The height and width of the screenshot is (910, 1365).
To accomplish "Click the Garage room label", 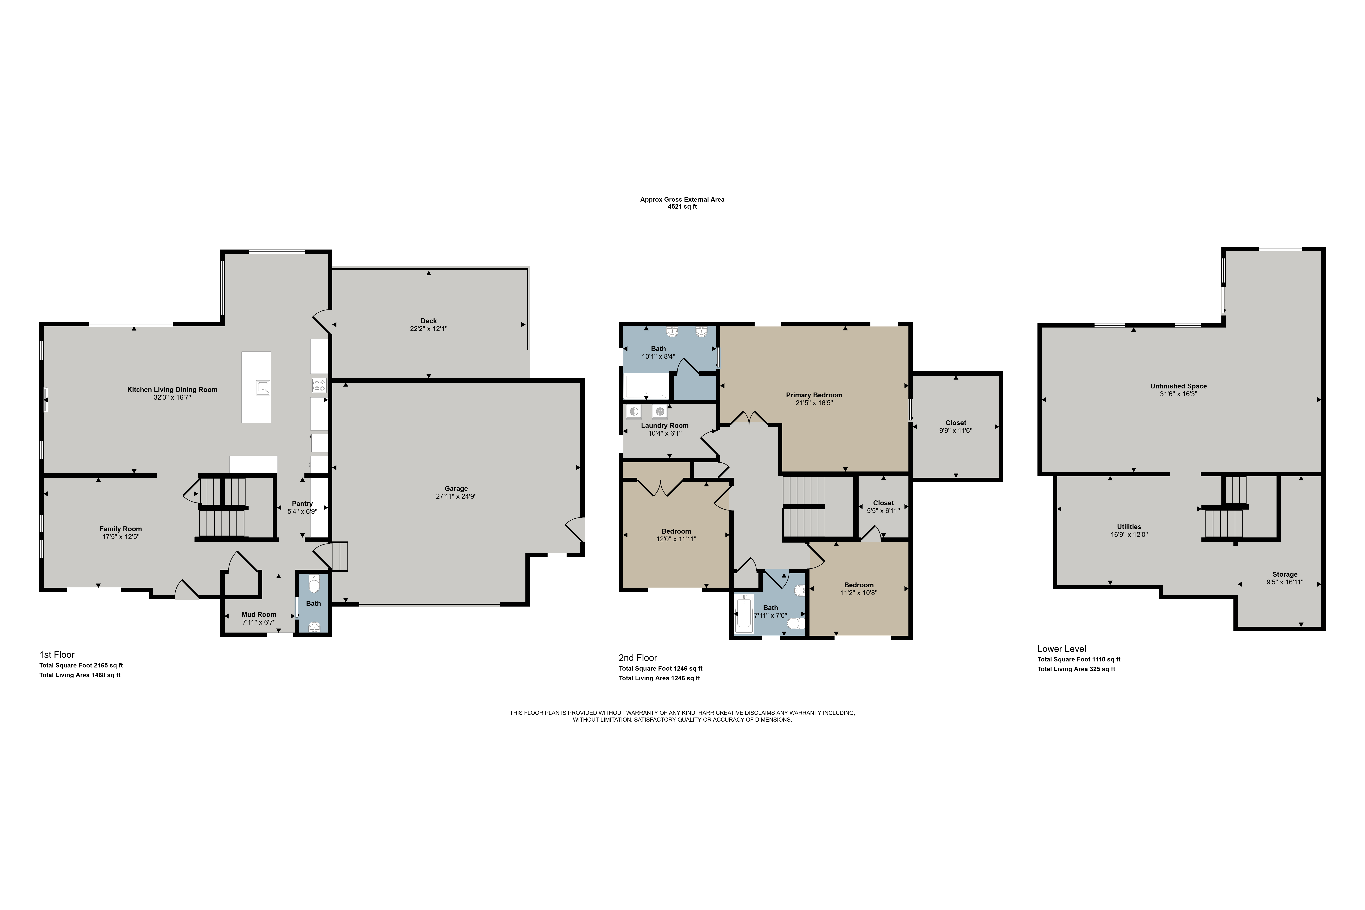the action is [x=456, y=489].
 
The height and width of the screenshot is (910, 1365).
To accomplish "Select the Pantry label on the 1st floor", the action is [x=302, y=504].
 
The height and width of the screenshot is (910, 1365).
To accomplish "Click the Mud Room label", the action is [x=259, y=615].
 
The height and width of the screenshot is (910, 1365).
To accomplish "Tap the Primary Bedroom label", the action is [x=814, y=395].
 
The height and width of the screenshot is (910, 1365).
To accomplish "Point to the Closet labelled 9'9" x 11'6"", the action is [x=956, y=423].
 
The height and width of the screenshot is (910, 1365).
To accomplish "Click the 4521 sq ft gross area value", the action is [x=683, y=207].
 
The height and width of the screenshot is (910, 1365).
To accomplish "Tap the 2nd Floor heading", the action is [x=638, y=658].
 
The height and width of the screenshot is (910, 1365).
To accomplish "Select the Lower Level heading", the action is [x=1062, y=649].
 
